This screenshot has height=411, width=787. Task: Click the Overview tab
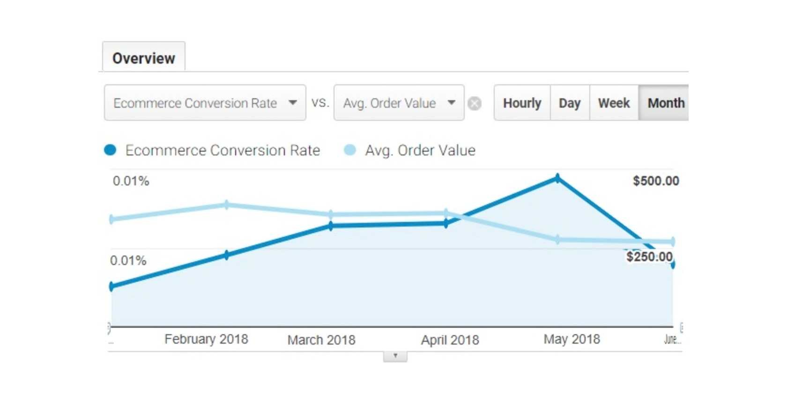click(143, 58)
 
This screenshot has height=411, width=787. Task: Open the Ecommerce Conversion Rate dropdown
click(205, 103)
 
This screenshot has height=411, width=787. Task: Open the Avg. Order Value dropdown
click(399, 103)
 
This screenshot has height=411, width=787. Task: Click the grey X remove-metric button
click(475, 103)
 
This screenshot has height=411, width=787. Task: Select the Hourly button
click(522, 103)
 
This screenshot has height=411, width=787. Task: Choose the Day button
click(570, 103)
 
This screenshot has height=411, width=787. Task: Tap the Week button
click(614, 103)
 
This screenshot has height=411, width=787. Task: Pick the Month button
click(665, 103)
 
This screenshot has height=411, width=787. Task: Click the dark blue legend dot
click(110, 150)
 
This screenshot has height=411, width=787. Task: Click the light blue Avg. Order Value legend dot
click(349, 150)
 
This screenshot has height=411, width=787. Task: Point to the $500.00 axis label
click(655, 181)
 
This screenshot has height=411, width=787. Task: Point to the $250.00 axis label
click(649, 257)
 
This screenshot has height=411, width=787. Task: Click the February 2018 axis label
click(206, 339)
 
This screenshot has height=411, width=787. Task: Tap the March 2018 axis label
click(321, 340)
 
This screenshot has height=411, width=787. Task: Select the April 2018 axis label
click(450, 340)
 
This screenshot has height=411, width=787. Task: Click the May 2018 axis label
click(572, 339)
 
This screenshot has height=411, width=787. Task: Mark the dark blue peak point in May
click(557, 178)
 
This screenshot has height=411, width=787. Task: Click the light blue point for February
click(227, 205)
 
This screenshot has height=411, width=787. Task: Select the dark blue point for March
click(331, 226)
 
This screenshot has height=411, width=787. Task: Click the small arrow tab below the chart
click(395, 356)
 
